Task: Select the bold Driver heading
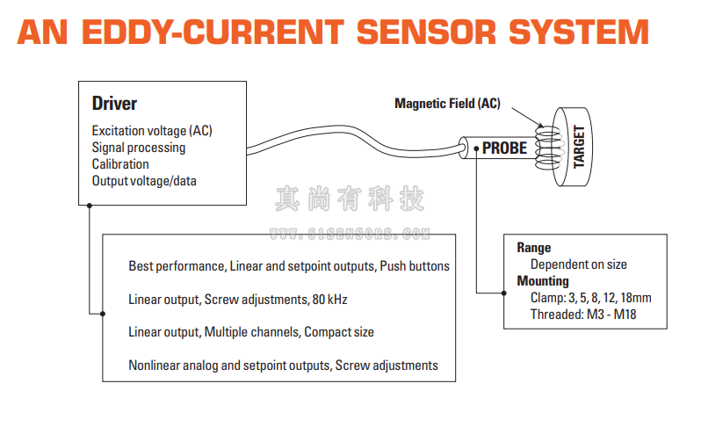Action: [x=114, y=104]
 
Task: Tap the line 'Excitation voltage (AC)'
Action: [x=152, y=131]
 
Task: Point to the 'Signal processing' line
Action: [x=139, y=148]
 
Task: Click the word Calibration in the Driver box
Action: [x=120, y=164]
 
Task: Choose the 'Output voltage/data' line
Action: [x=144, y=181]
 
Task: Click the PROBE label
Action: [x=504, y=148]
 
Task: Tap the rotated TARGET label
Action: [x=579, y=147]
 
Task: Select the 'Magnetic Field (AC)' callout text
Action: [x=447, y=104]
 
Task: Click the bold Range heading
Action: [x=533, y=248]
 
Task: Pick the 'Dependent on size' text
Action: [x=578, y=264]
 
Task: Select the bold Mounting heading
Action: [x=543, y=281]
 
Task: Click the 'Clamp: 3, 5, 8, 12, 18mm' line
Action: [x=590, y=298]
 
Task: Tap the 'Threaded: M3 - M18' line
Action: [x=583, y=315]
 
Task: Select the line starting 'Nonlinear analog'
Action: [x=283, y=365]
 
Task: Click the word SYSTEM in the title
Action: [x=580, y=33]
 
